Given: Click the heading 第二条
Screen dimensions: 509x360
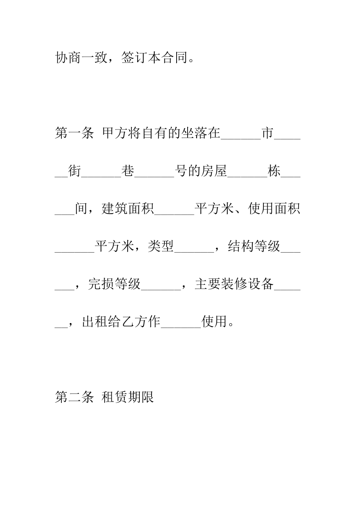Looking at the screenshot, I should (74, 397).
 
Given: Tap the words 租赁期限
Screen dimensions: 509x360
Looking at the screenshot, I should (128, 397).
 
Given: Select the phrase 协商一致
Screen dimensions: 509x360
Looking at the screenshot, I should (81, 58).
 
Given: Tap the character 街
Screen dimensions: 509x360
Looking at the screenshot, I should (75, 171).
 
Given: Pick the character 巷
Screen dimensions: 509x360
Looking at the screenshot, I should (128, 171).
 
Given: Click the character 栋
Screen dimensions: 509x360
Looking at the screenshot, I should (274, 171).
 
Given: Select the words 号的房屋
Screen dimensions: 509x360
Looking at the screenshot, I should (201, 171).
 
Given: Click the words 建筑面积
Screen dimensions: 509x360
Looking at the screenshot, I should (128, 209).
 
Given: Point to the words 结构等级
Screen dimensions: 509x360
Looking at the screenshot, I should (254, 247).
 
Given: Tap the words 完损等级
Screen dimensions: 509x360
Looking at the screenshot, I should (114, 284).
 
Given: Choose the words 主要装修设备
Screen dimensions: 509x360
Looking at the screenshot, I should (234, 284).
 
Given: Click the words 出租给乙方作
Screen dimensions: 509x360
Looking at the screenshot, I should (121, 322).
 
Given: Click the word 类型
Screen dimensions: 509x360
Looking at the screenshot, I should (161, 247).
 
